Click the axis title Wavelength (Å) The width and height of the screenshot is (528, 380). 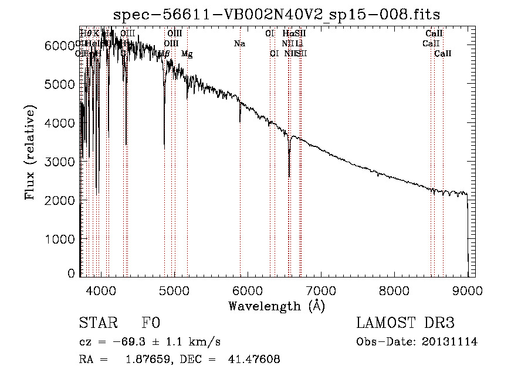(276, 306)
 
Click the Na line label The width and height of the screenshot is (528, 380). (239, 44)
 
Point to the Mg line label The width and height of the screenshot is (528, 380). (187, 54)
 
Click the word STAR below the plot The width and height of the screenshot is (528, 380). (98, 324)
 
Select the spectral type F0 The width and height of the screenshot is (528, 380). (151, 324)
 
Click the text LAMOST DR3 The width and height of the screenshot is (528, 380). (405, 324)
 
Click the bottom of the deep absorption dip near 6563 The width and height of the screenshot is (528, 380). (289, 176)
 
